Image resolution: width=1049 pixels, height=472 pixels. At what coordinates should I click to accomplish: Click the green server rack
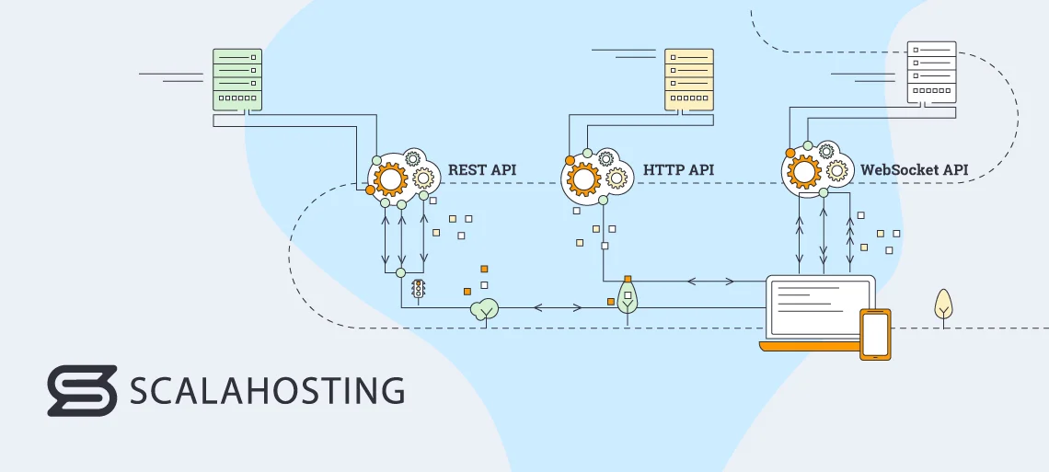pyautogui.click(x=237, y=79)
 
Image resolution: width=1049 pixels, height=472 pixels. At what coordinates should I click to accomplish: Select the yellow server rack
pyautogui.click(x=689, y=79)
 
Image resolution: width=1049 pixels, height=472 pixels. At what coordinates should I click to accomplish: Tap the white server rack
pyautogui.click(x=931, y=71)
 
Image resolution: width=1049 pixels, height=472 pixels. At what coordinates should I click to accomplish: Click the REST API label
pyautogui.click(x=482, y=170)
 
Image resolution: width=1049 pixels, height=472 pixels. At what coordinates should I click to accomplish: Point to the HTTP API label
pyautogui.click(x=678, y=170)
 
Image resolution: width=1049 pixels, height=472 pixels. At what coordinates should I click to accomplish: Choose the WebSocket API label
pyautogui.click(x=914, y=170)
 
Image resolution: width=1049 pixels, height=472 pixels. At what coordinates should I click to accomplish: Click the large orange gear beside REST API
pyautogui.click(x=390, y=178)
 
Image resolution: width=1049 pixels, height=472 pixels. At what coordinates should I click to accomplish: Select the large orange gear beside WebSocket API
pyautogui.click(x=804, y=171)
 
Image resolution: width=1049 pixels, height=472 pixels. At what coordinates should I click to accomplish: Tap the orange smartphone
pyautogui.click(x=875, y=334)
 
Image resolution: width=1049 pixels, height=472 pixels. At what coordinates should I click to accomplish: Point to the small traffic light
pyautogui.click(x=420, y=290)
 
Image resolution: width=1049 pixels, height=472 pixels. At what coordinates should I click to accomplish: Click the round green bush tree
pyautogui.click(x=484, y=310)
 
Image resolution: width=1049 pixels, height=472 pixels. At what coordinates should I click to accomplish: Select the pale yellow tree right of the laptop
pyautogui.click(x=943, y=305)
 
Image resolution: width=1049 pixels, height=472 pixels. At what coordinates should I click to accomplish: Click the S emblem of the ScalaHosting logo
pyautogui.click(x=82, y=390)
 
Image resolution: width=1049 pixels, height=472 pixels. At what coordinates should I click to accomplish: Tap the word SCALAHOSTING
pyautogui.click(x=267, y=390)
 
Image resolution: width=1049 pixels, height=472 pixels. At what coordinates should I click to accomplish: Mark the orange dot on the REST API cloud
pyautogui.click(x=370, y=190)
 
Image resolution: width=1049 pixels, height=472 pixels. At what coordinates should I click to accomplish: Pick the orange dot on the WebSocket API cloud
pyautogui.click(x=790, y=153)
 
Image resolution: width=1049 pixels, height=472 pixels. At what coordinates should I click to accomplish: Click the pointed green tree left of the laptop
pyautogui.click(x=628, y=297)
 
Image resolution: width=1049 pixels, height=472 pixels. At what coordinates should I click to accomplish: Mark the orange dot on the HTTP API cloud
pyautogui.click(x=570, y=161)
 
